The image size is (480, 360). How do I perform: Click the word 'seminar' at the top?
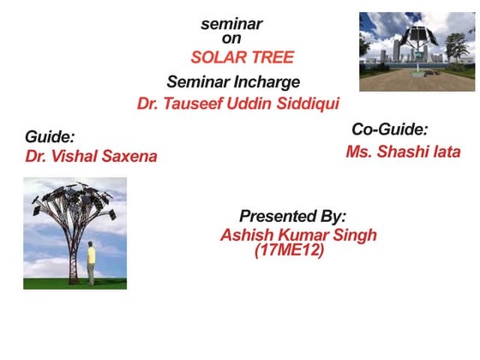(231, 24)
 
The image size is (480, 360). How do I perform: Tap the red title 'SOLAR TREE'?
(242, 57)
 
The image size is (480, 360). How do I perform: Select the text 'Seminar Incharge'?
(233, 82)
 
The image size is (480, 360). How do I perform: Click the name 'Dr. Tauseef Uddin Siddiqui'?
(238, 105)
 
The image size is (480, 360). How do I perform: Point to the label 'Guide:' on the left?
(50, 136)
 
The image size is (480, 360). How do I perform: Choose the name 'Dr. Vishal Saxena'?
(92, 157)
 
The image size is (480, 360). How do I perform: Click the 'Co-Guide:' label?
(389, 129)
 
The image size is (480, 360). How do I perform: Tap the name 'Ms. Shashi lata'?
(403, 152)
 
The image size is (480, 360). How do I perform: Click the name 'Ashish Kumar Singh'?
(298, 235)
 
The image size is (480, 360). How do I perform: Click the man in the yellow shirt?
(91, 261)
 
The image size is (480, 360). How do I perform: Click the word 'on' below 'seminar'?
(231, 38)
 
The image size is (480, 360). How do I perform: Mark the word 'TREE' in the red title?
(272, 57)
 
